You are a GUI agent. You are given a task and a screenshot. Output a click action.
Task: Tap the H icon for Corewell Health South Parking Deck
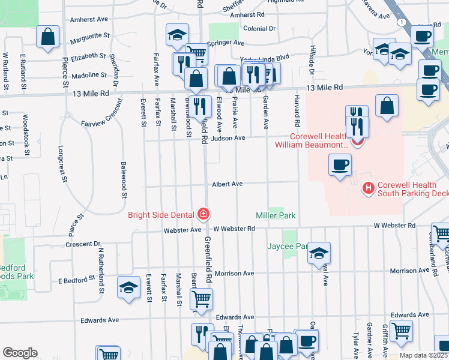coord(368,188)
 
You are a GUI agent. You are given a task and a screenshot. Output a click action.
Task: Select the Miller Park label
coord(276,215)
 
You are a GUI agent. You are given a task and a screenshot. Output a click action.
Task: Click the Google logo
coord(20,353)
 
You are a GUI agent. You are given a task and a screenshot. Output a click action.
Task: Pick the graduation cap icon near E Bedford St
coord(129,288)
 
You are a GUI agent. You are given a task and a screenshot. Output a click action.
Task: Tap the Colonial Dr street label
coord(259,28)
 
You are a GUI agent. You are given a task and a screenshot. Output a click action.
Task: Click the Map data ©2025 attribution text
coord(423,355)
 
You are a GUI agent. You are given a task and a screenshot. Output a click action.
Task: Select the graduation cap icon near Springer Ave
coord(177,35)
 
